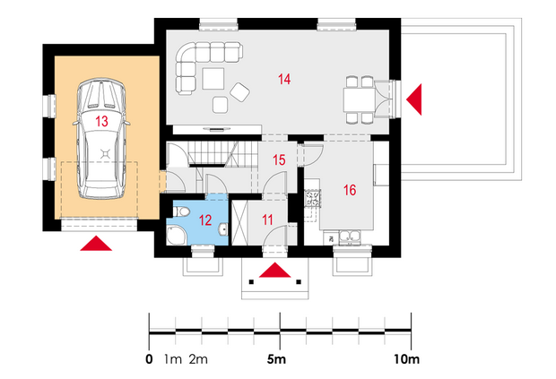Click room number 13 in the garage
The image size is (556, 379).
101,121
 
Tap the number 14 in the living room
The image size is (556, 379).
284,79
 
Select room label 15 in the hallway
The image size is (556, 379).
279,160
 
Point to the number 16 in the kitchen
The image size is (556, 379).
350,190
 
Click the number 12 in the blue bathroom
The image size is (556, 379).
205,220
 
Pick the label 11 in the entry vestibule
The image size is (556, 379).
267,220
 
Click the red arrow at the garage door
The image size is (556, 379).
96,244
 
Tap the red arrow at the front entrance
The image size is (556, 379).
274,270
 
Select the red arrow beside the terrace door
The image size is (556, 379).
414,99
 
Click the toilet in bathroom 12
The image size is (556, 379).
181,211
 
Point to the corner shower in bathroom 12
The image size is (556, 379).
176,236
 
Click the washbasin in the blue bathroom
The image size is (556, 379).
223,228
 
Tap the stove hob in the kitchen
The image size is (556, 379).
312,198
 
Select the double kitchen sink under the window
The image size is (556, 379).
349,237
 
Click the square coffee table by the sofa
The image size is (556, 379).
213,79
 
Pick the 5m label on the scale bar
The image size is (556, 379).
276,359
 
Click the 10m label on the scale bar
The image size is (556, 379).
407,359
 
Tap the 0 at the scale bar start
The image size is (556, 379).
149,359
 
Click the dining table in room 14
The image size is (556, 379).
359,99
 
